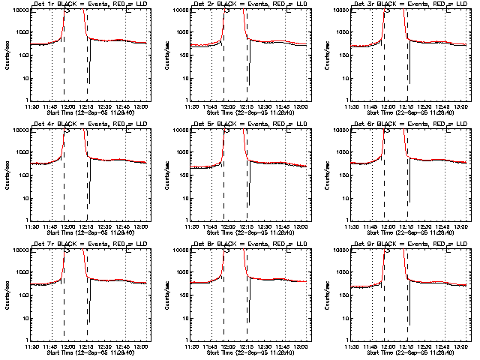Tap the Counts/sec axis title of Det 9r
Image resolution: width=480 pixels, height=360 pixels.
point(326,295)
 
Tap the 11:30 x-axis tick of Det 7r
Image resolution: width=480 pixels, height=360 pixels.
point(31,346)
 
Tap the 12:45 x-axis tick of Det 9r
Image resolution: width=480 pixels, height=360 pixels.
point(445,346)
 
